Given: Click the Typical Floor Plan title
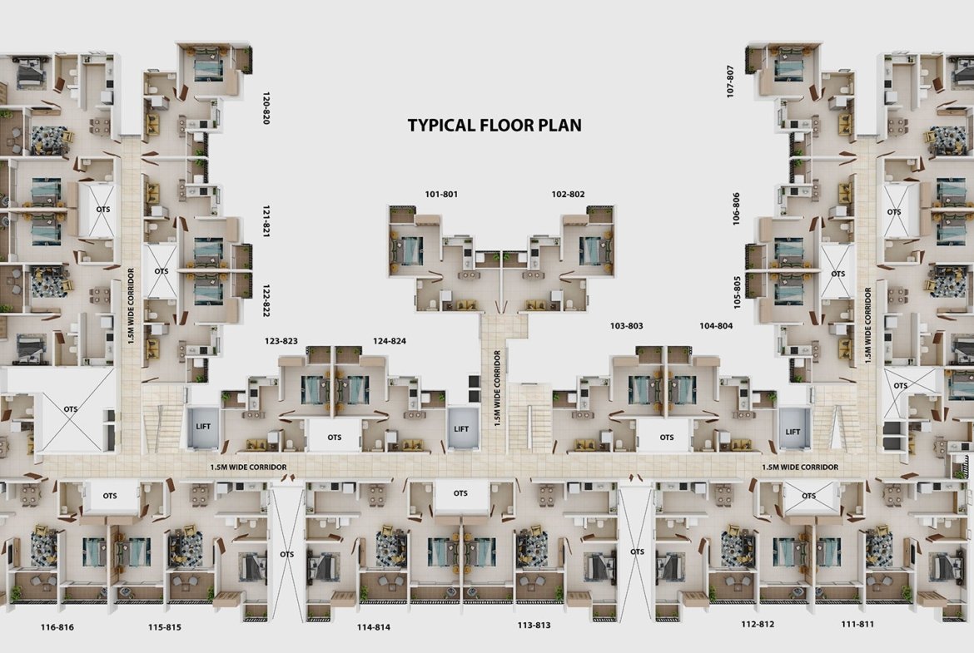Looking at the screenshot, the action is point(494,125).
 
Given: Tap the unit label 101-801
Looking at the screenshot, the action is point(441,195).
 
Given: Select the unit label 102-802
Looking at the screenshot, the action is point(568,195).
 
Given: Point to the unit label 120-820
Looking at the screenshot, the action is point(266,108).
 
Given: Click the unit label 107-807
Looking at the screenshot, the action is point(731,81).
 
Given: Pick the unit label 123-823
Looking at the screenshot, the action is point(281,341).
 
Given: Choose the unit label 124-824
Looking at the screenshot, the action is point(390,341).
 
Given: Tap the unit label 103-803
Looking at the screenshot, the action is point(627,326).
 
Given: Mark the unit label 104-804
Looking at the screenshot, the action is point(716,326).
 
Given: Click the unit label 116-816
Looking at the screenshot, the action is point(57,627).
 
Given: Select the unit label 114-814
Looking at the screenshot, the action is point(373,627).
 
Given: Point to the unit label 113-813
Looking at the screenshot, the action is point(534,625).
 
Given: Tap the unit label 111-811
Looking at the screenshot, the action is point(857,624).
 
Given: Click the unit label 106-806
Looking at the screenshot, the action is point(736,209).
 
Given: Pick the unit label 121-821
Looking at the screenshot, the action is point(266,221).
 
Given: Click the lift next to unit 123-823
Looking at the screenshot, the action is point(203,427).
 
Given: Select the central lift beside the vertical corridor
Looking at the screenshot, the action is point(461,429).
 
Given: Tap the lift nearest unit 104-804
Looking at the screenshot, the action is point(793,432).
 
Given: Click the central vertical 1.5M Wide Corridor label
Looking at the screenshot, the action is point(498,388).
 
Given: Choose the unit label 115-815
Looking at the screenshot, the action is point(165,627).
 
